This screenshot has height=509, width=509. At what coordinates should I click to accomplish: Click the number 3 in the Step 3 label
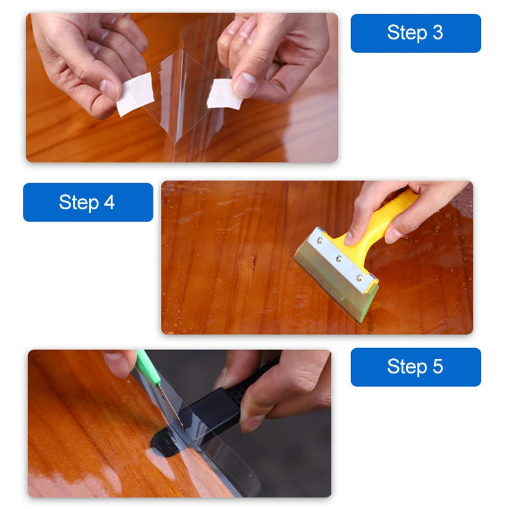tap(437, 33)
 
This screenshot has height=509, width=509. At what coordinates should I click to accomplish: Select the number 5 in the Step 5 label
tap(437, 367)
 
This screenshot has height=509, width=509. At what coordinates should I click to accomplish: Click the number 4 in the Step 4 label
tap(109, 202)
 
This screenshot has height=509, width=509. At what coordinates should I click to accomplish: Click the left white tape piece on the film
tap(134, 94)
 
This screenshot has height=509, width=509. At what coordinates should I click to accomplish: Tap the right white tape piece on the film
tap(225, 94)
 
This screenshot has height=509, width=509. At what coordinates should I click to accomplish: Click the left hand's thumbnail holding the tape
tap(109, 88)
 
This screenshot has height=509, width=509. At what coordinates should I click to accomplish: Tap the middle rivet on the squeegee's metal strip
tap(338, 259)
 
